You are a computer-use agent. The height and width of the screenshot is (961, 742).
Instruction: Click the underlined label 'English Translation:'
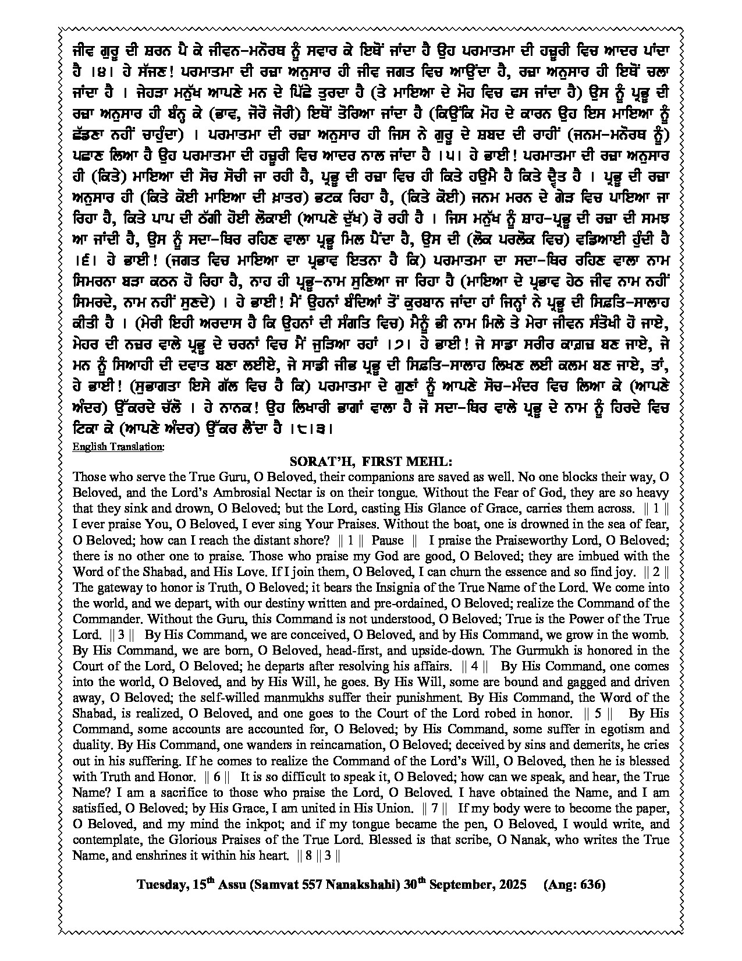pyautogui.click(x=118, y=447)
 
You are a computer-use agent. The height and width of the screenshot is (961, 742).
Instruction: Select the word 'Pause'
pyautogui.click(x=387, y=540)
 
